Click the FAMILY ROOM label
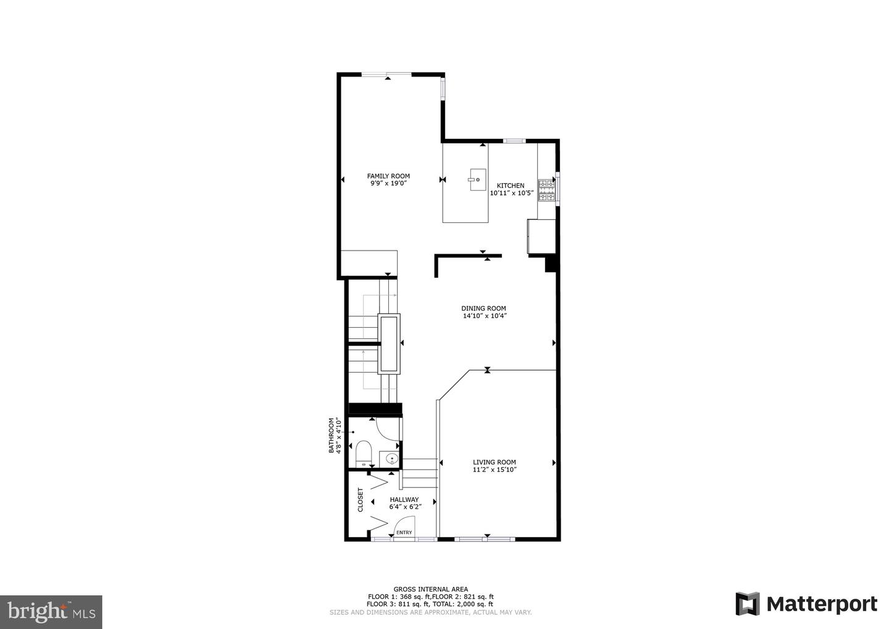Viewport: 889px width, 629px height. (x=388, y=176)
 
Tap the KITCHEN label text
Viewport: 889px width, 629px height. (x=511, y=185)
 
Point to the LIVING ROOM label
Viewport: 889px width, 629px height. (x=494, y=462)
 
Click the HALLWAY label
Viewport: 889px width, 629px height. (x=404, y=499)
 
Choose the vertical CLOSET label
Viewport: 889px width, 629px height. (x=361, y=500)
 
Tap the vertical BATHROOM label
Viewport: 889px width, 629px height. (x=332, y=436)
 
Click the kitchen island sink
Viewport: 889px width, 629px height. (x=477, y=180)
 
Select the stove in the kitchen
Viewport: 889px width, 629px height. (x=546, y=190)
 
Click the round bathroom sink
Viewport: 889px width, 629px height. (x=391, y=459)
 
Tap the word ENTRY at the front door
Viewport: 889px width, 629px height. (x=404, y=533)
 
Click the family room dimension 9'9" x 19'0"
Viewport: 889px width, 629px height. (x=388, y=183)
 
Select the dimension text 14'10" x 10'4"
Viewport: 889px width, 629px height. (x=485, y=316)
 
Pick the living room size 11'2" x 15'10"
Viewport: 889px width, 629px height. (x=494, y=470)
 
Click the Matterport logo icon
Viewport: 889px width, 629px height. (x=747, y=603)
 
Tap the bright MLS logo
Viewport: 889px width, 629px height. (x=51, y=612)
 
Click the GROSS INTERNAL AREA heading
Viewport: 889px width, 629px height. (x=430, y=589)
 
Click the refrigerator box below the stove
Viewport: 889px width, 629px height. (x=541, y=236)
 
